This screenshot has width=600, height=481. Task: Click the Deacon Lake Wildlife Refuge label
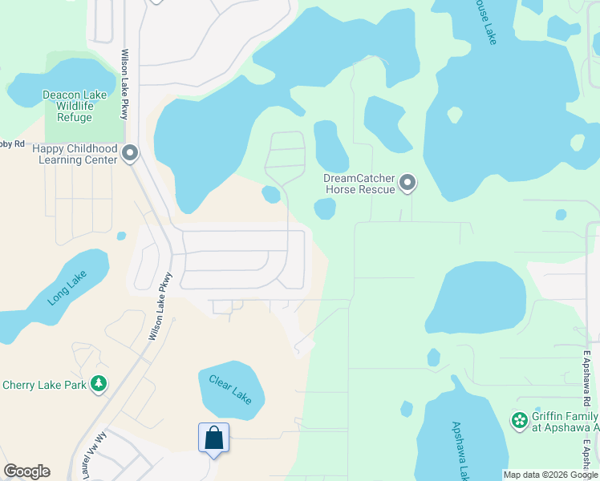[x=74, y=106]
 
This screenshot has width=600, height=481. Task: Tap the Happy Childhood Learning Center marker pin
[x=131, y=153]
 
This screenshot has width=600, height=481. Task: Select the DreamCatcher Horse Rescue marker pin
[x=408, y=184]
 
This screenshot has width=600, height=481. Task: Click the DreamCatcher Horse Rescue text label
[x=359, y=184]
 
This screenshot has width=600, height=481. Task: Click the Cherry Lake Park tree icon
[x=99, y=385]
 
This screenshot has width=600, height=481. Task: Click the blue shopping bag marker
[x=213, y=439]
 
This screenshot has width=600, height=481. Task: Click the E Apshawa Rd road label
[x=587, y=377]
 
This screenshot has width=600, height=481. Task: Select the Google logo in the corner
[x=26, y=471]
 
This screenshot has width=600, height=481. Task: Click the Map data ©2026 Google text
[x=549, y=475]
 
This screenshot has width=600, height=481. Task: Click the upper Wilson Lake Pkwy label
[x=124, y=84]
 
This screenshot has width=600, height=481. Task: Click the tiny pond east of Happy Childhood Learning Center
[x=121, y=236]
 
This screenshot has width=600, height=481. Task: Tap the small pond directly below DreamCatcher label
[x=325, y=209]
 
